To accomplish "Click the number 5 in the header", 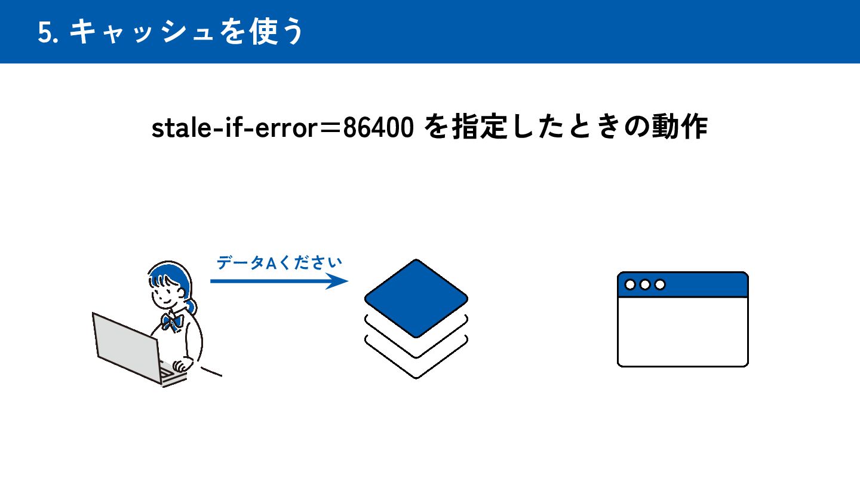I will tap(44, 33).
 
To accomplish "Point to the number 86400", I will tap(379, 128).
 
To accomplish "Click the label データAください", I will tap(279, 263).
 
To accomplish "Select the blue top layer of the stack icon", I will tap(416, 298).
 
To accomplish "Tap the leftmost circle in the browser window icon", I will tap(630, 284).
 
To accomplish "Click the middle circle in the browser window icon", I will tap(645, 284).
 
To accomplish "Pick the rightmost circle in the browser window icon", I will tap(660, 284).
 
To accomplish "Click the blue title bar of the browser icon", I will tap(705, 284).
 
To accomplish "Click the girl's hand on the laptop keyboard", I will tap(180, 365).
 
